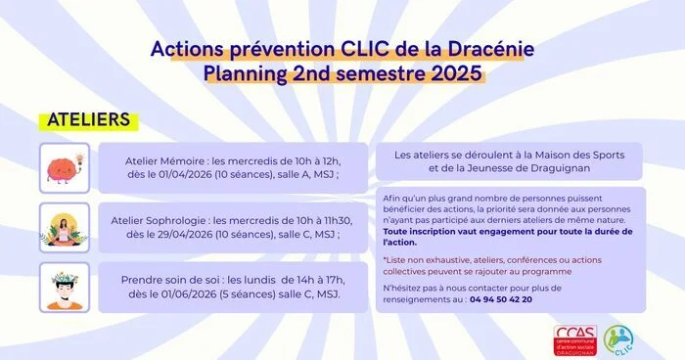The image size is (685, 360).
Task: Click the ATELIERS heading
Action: [x=89, y=119]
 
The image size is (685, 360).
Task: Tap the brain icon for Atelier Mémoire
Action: [x=65, y=167]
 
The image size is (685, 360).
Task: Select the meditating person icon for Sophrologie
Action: [x=65, y=228]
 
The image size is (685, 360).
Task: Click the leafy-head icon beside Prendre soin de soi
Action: [x=65, y=287]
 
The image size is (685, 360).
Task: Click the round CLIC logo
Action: [x=618, y=338]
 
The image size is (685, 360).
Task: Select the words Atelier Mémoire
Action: [x=165, y=160]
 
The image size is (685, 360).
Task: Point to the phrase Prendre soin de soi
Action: [x=181, y=281]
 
